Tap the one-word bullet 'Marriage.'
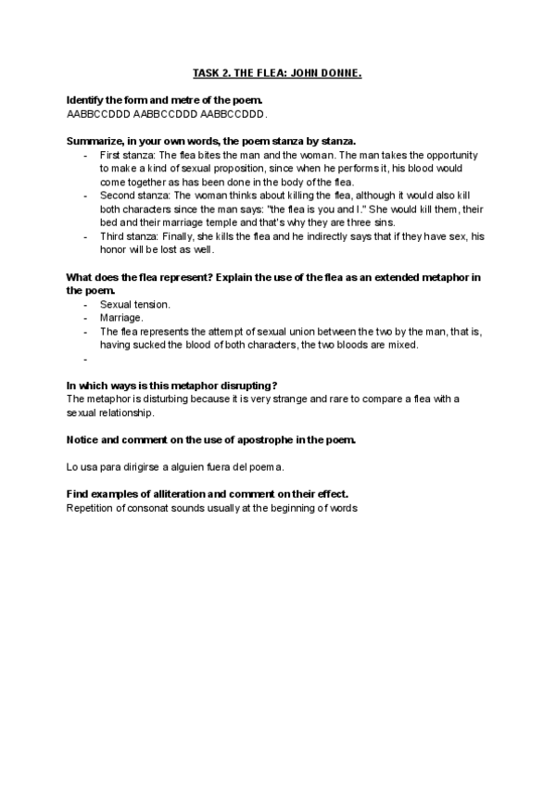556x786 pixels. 121,317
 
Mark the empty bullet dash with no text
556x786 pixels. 84,358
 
